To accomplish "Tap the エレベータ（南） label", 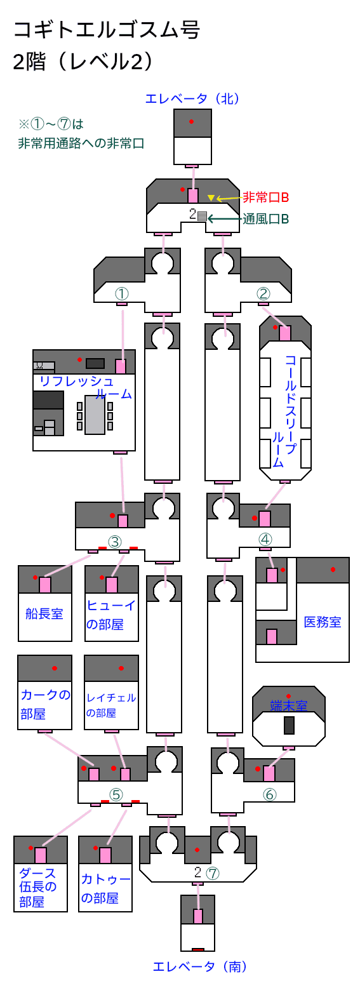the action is click(x=199, y=967).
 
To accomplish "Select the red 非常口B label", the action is click(x=265, y=197).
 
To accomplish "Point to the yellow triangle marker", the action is click(x=211, y=197).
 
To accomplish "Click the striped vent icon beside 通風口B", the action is click(x=202, y=216).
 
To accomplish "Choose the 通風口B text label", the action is click(x=265, y=219).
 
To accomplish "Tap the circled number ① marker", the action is click(x=121, y=293).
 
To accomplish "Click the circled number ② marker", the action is click(x=263, y=293).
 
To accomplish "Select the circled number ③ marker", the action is click(x=115, y=541).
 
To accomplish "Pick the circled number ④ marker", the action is click(x=265, y=539).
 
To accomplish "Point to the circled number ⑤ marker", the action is click(x=116, y=794).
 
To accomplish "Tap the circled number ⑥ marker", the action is click(x=270, y=794).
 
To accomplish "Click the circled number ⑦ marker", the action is click(x=213, y=873).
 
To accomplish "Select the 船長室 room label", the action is click(x=44, y=613).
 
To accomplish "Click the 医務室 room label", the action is click(x=323, y=622).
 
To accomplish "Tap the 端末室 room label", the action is click(x=288, y=705).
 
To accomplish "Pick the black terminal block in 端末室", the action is click(x=289, y=725).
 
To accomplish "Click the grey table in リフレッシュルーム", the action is click(x=95, y=415).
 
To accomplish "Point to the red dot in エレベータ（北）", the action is click(x=192, y=121).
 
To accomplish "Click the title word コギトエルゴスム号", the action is click(x=107, y=30).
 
